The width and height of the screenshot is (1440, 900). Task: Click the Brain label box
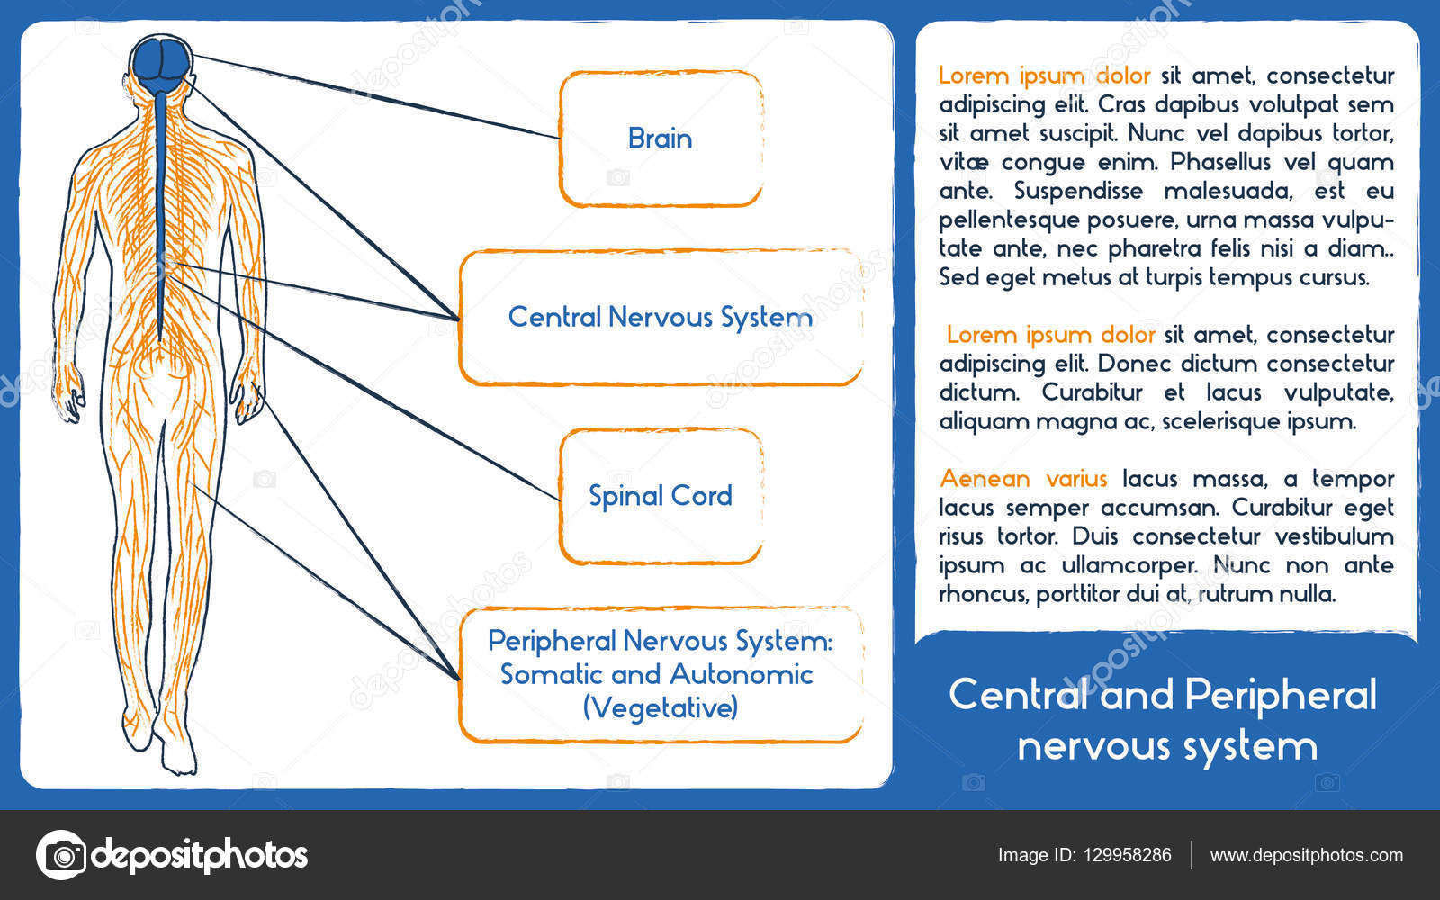pos(661,139)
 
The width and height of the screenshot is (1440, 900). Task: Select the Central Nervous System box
pos(661,317)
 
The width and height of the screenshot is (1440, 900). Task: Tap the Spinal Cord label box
pos(661,496)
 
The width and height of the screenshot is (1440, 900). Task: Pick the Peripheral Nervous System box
pos(661,674)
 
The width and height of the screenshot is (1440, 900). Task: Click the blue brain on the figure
pos(161,61)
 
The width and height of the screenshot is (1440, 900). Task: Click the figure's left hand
pos(68,396)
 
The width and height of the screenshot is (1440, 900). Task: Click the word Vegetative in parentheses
pos(661,708)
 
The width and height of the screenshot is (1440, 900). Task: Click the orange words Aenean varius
pos(1023,478)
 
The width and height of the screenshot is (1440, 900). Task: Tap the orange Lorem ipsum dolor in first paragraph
pos(1044,76)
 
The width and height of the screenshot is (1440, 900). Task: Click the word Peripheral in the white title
pos(1281,695)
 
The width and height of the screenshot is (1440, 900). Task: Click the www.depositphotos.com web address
pos(1306,855)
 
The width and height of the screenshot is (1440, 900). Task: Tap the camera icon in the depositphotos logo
pos(61,854)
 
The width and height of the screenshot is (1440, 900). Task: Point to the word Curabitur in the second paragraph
pos(1093,392)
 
